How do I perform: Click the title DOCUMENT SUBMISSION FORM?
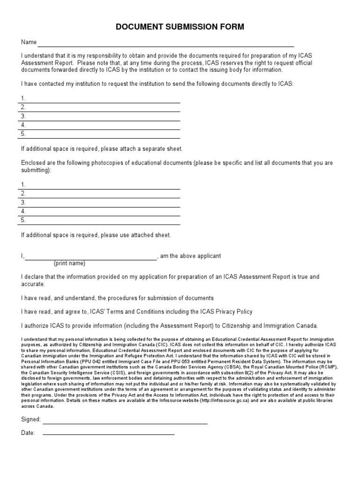click(x=180, y=27)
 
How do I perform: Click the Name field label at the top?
click(x=29, y=42)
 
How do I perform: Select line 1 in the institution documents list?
click(x=103, y=100)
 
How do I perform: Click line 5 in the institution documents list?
click(x=103, y=135)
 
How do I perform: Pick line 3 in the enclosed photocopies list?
click(x=103, y=204)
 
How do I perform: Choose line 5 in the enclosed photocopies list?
click(x=103, y=222)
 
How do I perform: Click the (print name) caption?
click(x=69, y=263)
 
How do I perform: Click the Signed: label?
click(x=31, y=419)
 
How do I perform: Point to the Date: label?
click(x=28, y=433)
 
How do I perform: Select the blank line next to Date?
click(x=108, y=435)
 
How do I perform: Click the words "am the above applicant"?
click(x=191, y=256)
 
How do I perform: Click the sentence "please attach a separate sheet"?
click(x=140, y=149)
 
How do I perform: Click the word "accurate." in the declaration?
click(x=33, y=284)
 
